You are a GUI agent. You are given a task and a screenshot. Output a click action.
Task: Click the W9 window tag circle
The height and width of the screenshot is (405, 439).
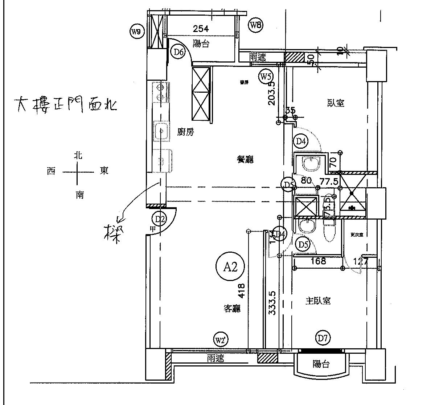(x=136, y=32)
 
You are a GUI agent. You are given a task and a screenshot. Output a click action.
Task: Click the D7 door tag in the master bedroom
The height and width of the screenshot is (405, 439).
(x=323, y=339)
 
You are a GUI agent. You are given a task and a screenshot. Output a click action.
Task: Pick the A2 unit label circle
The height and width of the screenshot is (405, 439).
(x=230, y=267)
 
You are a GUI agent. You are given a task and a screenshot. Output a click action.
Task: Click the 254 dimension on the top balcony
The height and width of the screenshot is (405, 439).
(x=201, y=29)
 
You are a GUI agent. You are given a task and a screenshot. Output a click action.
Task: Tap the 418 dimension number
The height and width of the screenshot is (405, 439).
(x=242, y=290)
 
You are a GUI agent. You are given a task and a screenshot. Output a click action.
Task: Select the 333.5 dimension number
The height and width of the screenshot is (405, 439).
(x=272, y=302)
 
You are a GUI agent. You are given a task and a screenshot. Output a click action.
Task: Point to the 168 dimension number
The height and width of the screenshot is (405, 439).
(x=318, y=261)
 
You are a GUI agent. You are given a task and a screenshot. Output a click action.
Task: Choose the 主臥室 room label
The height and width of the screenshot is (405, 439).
(x=318, y=301)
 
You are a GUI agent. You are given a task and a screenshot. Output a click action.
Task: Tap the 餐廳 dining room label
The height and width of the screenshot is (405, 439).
(x=245, y=159)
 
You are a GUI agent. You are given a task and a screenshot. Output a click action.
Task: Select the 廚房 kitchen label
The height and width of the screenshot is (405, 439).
(x=185, y=132)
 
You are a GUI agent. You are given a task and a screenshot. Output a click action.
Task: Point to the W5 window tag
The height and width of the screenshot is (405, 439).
(x=266, y=77)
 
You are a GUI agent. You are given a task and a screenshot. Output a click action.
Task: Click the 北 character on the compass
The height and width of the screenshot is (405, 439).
(x=78, y=156)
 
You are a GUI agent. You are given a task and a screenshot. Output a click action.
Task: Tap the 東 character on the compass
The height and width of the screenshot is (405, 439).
(x=104, y=171)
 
